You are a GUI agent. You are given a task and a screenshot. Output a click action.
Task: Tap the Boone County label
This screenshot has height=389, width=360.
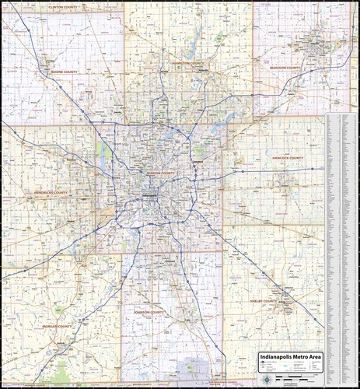[x=65, y=72]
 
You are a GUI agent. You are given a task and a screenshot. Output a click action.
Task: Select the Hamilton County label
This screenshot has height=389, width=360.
[x=188, y=64]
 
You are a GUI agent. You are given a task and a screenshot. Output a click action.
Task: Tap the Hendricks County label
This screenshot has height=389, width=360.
[x=51, y=192]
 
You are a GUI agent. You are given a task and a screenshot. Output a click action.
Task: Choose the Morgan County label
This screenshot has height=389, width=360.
[x=55, y=327]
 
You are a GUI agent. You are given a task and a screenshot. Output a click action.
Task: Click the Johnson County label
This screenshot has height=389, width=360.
[x=148, y=312]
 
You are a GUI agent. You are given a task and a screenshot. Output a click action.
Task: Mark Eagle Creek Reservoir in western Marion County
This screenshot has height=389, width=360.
[x=104, y=152]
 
